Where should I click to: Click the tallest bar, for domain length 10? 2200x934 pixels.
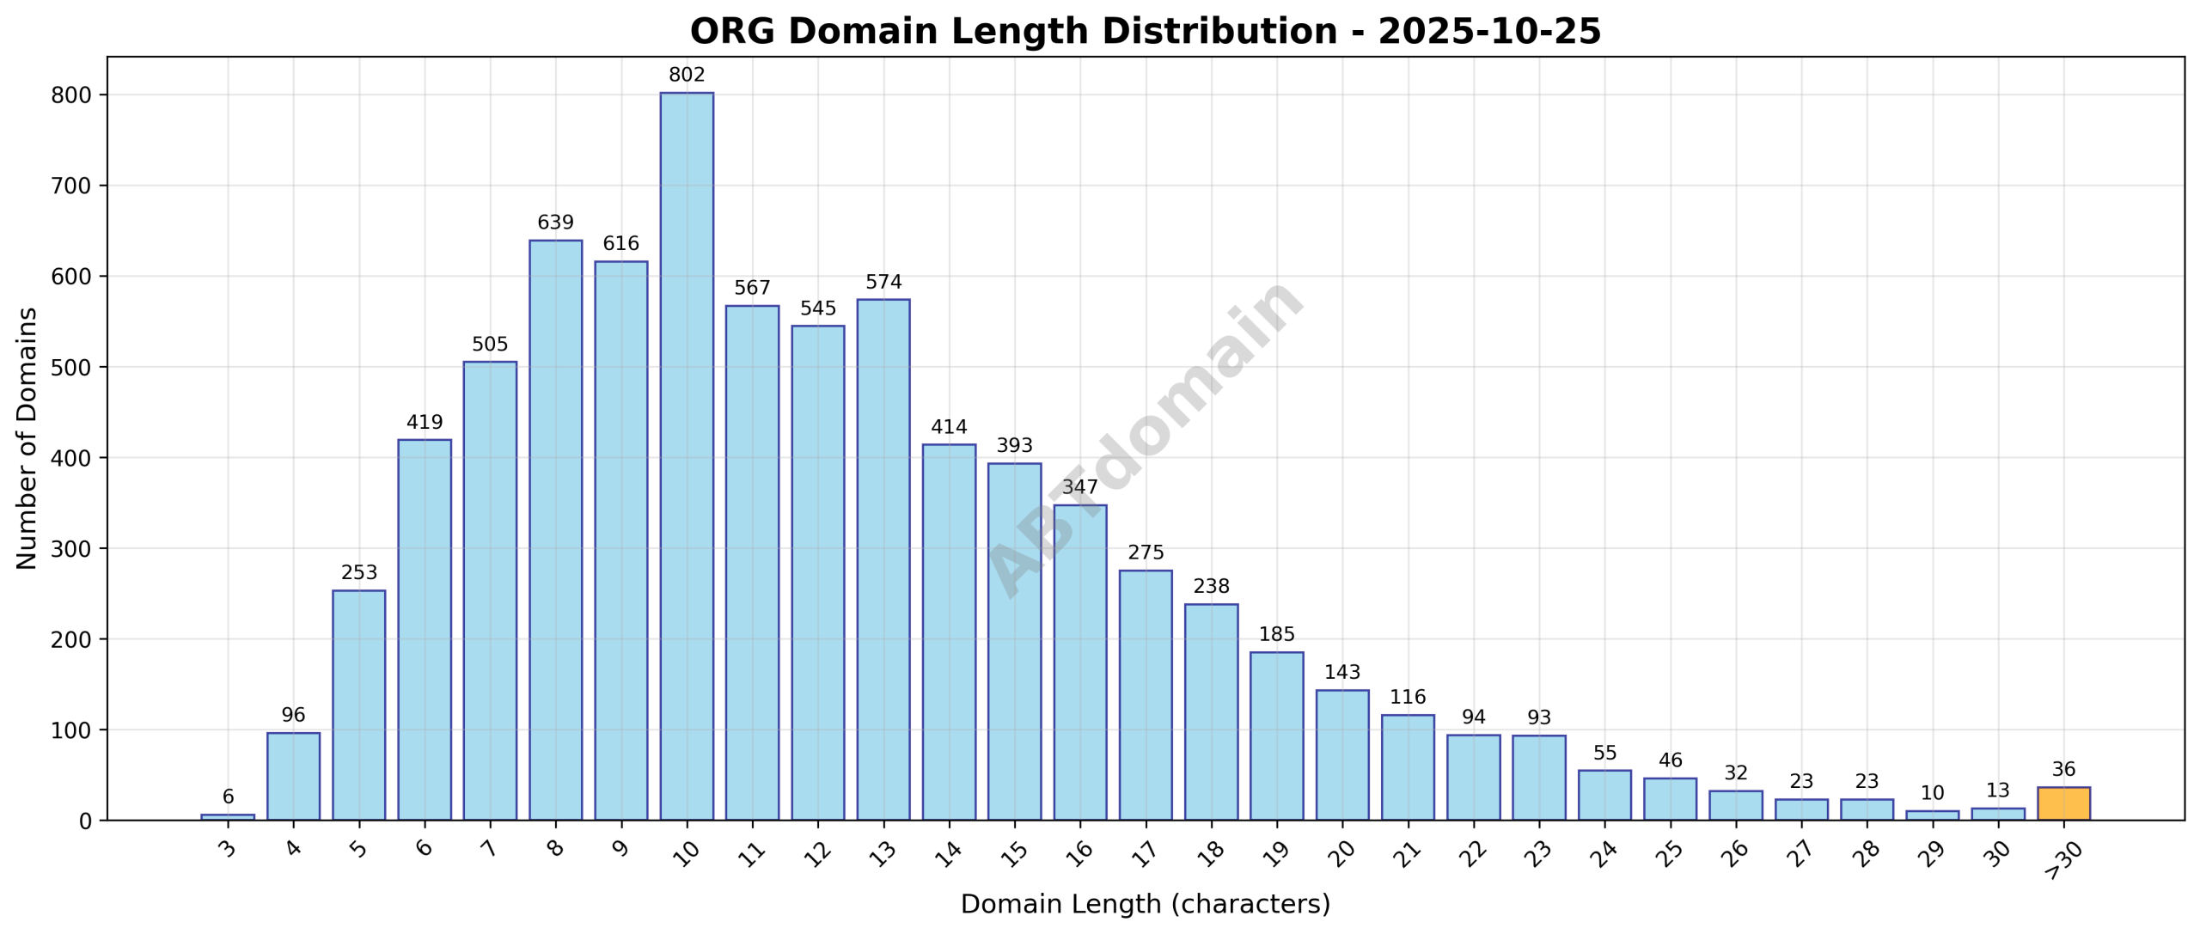[x=686, y=455]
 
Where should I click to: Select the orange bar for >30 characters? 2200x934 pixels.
[x=2063, y=803]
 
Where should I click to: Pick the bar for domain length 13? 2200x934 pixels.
[x=883, y=559]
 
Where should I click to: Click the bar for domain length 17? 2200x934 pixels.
[x=1145, y=695]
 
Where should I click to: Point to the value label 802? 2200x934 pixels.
[x=686, y=76]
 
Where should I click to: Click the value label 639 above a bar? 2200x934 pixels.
[x=555, y=223]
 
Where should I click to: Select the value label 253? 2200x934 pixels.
[x=358, y=573]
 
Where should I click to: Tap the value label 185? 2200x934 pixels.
[x=1276, y=635]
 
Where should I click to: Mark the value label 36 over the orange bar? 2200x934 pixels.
[x=2063, y=770]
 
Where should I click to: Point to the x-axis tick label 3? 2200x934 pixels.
[x=228, y=849]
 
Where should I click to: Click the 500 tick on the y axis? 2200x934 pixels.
[x=71, y=368]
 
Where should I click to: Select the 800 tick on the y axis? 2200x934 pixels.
[x=71, y=95]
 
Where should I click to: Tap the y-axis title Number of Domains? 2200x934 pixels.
[x=27, y=438]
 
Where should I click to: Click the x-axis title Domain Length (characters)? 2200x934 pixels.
[x=1145, y=905]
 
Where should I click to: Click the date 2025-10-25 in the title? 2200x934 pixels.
[x=1488, y=32]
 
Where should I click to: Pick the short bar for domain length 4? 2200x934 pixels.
[x=293, y=777]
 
